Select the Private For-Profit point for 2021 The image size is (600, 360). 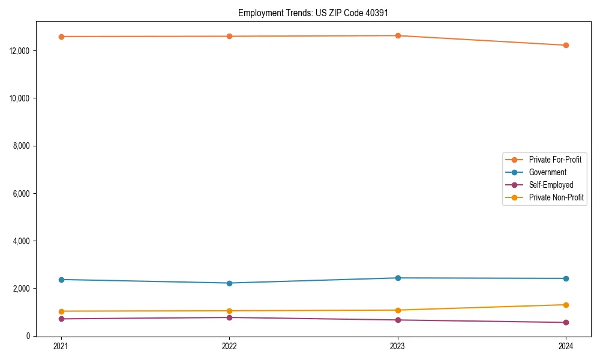point(61,37)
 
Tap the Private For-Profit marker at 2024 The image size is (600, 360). point(566,45)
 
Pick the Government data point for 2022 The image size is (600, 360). point(229,283)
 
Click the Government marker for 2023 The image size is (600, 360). point(398,278)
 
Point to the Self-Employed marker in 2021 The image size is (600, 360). point(61,319)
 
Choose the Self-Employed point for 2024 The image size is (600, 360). point(566,322)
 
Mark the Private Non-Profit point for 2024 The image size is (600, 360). point(566,305)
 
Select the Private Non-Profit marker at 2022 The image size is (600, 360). point(229,311)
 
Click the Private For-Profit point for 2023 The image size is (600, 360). point(398,35)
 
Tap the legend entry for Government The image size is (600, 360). point(547,172)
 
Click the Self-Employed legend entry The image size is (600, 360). point(551,185)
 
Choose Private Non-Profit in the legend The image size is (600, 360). point(556,197)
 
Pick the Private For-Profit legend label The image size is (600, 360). point(555,160)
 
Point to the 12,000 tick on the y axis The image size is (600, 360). point(21,50)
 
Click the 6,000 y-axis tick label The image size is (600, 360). point(23,193)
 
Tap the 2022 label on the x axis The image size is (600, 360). point(229,346)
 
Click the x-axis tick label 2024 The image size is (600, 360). point(566,346)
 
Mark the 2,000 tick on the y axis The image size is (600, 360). point(23,289)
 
